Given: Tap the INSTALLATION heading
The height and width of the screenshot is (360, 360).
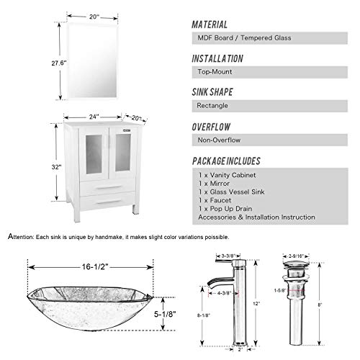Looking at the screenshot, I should point(228,58).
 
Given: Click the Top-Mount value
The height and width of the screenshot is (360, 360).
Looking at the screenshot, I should point(217,73).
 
